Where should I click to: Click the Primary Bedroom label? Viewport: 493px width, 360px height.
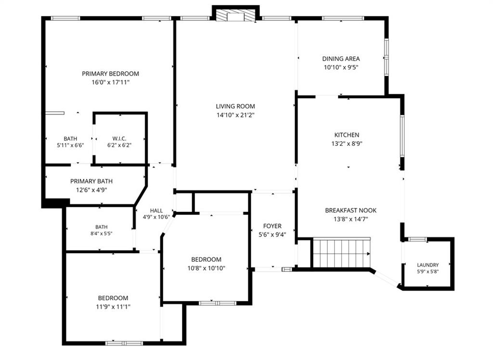[110, 74]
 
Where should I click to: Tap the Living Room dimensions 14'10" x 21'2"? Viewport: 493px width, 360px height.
[235, 115]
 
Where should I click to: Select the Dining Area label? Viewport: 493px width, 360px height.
[341, 59]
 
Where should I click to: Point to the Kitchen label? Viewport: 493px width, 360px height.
[347, 135]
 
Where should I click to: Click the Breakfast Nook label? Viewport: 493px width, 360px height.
[350, 210]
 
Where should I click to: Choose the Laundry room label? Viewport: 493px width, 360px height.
[428, 265]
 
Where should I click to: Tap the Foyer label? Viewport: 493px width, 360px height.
[272, 226]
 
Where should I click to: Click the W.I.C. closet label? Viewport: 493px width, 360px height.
[119, 139]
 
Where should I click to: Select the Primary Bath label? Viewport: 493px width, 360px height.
[91, 181]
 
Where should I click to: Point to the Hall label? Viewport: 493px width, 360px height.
[156, 211]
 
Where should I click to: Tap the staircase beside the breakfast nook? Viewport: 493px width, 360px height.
[342, 253]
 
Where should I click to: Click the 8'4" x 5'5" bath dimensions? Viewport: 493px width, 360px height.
[101, 233]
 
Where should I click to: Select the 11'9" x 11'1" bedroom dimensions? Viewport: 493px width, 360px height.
[113, 307]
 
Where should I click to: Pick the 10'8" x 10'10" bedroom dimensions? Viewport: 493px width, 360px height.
[206, 268]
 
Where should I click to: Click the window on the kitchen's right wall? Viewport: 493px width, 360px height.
[402, 136]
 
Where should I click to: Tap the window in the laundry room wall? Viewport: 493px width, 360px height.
[418, 239]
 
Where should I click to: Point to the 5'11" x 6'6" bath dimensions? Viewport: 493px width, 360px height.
[70, 145]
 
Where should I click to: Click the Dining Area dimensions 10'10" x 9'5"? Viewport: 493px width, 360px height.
[341, 67]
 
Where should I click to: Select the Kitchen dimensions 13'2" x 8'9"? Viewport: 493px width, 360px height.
[347, 144]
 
